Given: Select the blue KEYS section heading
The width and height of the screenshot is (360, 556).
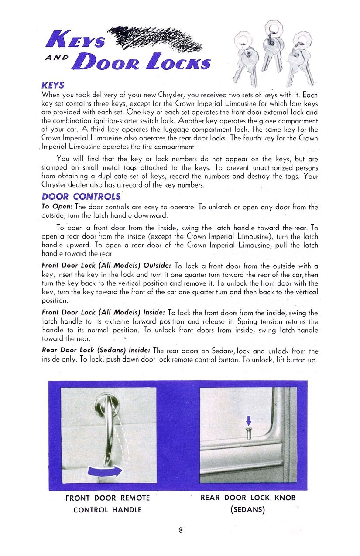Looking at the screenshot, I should [53, 85].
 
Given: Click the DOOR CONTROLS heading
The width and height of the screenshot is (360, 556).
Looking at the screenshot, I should [80, 197].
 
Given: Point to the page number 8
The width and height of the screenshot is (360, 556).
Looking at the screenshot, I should [180, 531].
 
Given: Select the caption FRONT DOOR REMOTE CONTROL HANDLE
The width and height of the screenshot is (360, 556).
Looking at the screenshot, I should [107, 504].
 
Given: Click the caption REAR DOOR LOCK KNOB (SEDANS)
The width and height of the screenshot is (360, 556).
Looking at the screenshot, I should [248, 503].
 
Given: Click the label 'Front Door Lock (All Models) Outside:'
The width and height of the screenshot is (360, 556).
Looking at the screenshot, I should [106, 266].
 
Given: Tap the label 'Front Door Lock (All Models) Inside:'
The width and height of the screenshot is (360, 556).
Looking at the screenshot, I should [103, 312].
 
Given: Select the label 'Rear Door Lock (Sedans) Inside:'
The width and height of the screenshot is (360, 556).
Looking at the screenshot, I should [96, 351].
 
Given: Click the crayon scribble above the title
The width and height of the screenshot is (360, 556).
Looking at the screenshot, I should [155, 38].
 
